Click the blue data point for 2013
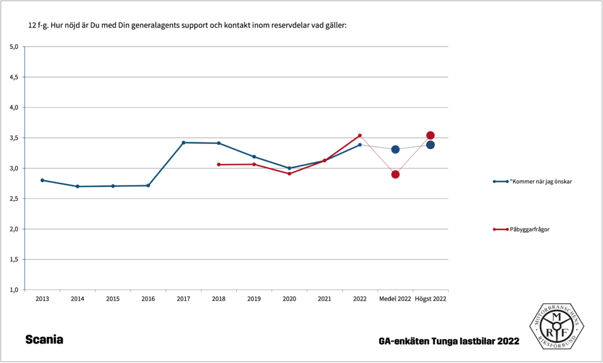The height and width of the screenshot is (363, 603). pos(42,180)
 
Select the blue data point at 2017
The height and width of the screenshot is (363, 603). pos(184,142)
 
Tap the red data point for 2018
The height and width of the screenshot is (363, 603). pos(218,165)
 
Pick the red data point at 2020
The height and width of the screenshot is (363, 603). pos(289,174)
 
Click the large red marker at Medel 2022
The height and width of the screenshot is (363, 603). pos(395,174)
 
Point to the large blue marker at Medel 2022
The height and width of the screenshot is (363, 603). pos(395,149)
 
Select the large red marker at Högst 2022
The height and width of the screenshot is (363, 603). pos(430,135)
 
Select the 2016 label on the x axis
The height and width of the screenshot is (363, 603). pos(148,299)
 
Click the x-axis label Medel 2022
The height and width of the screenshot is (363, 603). pos(395,299)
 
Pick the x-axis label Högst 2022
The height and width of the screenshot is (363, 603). pos(430,299)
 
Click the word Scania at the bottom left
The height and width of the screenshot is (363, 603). pos(44,340)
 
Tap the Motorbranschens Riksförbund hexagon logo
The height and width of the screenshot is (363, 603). pos(556,326)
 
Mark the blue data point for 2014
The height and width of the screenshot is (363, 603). pos(78,187)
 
